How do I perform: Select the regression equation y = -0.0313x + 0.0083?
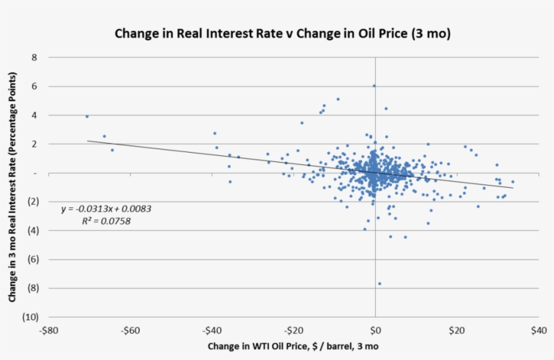[x=106, y=209]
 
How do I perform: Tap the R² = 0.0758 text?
[x=106, y=220]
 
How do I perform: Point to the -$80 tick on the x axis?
[x=48, y=331]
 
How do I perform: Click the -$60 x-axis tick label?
[x=130, y=331]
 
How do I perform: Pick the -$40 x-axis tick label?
[x=211, y=331]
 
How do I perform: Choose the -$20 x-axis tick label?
[x=293, y=331]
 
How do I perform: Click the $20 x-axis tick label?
[x=457, y=331]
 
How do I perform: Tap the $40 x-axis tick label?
[x=538, y=331]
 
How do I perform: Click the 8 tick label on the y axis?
[x=34, y=58]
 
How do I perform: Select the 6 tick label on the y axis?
[x=34, y=87]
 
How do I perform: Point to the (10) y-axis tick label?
[x=31, y=317]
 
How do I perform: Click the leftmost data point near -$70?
[x=87, y=116]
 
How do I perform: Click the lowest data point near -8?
[x=379, y=284]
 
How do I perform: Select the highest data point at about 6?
[x=374, y=86]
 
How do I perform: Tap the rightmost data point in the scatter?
[x=513, y=182]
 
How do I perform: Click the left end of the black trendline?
[x=88, y=141]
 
